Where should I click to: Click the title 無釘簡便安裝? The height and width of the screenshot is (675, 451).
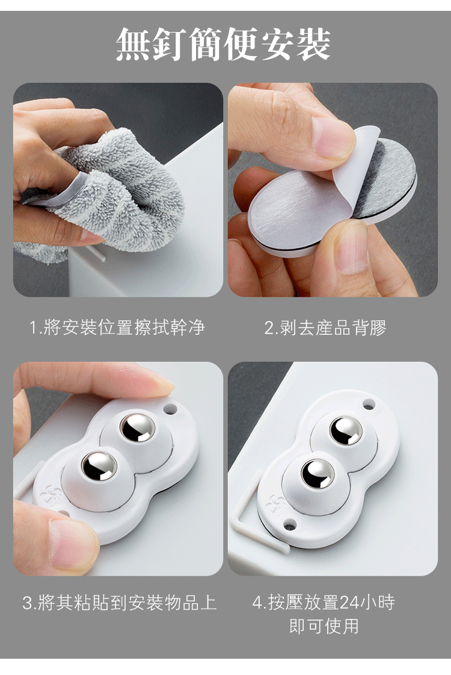(224, 44)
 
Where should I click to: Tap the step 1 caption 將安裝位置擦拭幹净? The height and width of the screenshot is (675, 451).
(124, 328)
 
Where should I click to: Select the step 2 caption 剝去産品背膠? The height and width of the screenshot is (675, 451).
(334, 328)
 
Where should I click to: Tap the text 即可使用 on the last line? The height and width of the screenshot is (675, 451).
(325, 626)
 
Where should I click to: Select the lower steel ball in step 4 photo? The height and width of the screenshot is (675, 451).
(318, 473)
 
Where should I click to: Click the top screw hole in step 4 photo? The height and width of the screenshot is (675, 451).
(369, 404)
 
